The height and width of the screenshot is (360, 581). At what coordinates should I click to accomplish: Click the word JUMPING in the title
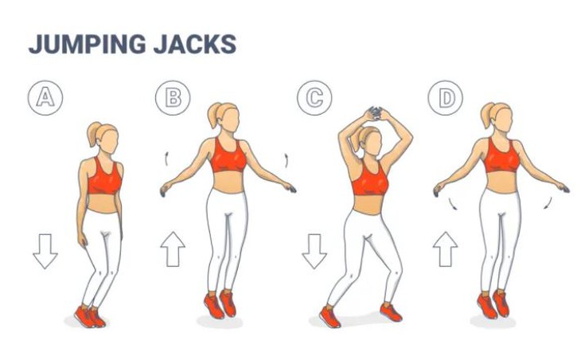pos(87,44)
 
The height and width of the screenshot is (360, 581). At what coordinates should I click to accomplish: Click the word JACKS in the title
pos(195,44)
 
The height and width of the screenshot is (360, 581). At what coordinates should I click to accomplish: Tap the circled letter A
pos(45,97)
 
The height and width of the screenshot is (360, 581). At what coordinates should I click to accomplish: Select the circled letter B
pos(173,97)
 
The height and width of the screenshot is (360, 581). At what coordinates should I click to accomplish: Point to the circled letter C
pos(314,97)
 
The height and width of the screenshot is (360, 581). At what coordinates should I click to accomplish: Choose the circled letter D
pos(446,97)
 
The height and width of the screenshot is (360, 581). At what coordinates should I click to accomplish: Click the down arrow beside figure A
pos(45,251)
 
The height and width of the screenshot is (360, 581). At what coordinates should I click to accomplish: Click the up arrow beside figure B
pos(173,249)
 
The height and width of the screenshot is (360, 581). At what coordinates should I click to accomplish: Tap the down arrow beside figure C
pos(314,251)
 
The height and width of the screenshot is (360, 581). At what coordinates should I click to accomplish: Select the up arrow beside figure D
pos(446,249)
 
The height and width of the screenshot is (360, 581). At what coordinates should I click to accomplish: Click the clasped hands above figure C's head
pos(376,113)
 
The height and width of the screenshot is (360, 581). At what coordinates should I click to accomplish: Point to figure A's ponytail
pos(93,135)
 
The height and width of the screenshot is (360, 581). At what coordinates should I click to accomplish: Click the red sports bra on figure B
pos(228,156)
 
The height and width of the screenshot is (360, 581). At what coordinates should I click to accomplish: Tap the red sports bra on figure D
pos(502,156)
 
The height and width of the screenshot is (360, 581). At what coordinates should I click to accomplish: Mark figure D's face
pos(503,119)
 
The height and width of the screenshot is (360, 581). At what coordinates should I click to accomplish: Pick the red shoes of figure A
pos(90,316)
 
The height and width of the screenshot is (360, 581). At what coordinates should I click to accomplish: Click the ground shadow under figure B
pos(220,322)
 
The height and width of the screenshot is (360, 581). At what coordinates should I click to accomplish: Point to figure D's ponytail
pos(486,115)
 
